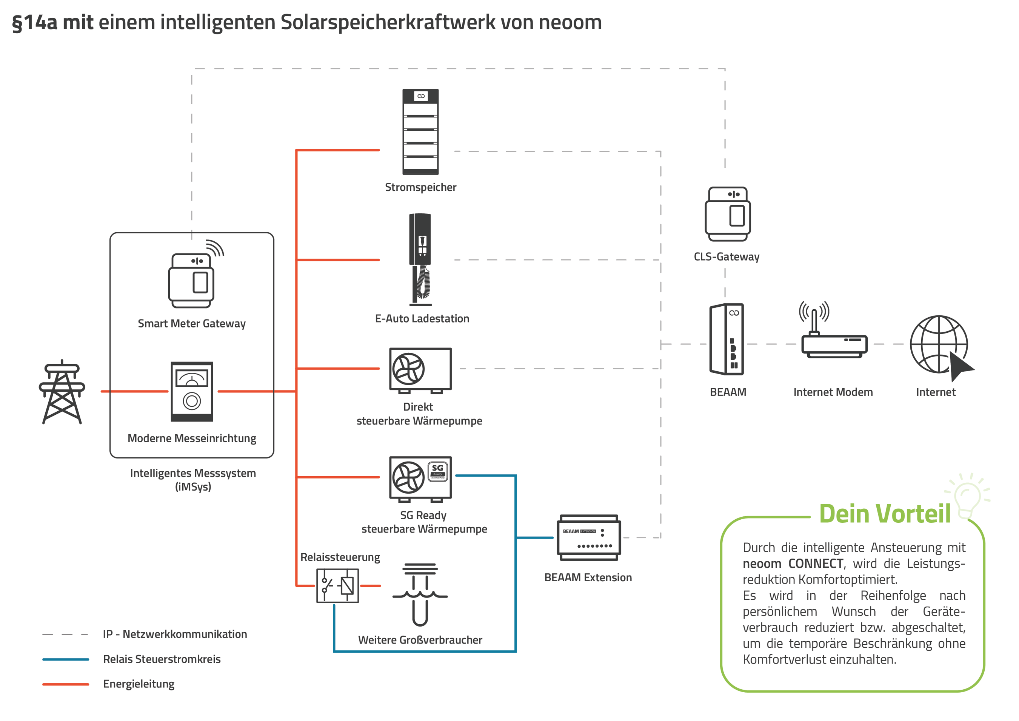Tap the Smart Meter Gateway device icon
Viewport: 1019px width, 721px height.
point(191,280)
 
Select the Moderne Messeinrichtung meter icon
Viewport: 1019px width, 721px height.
point(192,391)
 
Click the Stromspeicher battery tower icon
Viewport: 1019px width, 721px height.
point(420,131)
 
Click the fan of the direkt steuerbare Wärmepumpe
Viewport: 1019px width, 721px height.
point(408,368)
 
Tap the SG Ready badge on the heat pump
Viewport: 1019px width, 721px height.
point(437,471)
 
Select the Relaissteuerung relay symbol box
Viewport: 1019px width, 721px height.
point(337,586)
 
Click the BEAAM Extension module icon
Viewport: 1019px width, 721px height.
point(588,537)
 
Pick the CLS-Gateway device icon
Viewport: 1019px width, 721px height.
point(727,214)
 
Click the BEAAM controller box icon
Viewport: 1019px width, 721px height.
point(727,340)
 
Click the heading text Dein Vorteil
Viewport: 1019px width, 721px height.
point(885,514)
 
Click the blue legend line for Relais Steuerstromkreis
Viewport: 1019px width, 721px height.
point(66,659)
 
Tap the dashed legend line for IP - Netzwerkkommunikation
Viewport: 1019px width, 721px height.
point(66,635)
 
